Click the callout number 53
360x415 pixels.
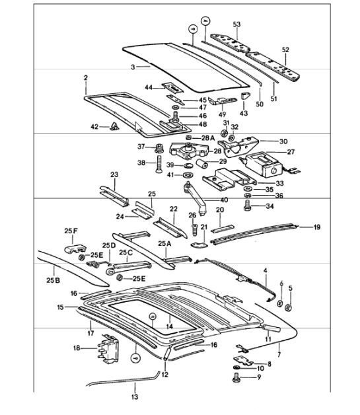pos(237,24)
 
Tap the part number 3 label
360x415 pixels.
pos(132,68)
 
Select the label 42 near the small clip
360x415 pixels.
pos(94,126)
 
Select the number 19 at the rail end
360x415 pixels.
pos(316,227)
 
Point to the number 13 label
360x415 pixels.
pos(135,397)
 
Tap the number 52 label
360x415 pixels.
pos(285,50)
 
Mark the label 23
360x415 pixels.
pos(114,174)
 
